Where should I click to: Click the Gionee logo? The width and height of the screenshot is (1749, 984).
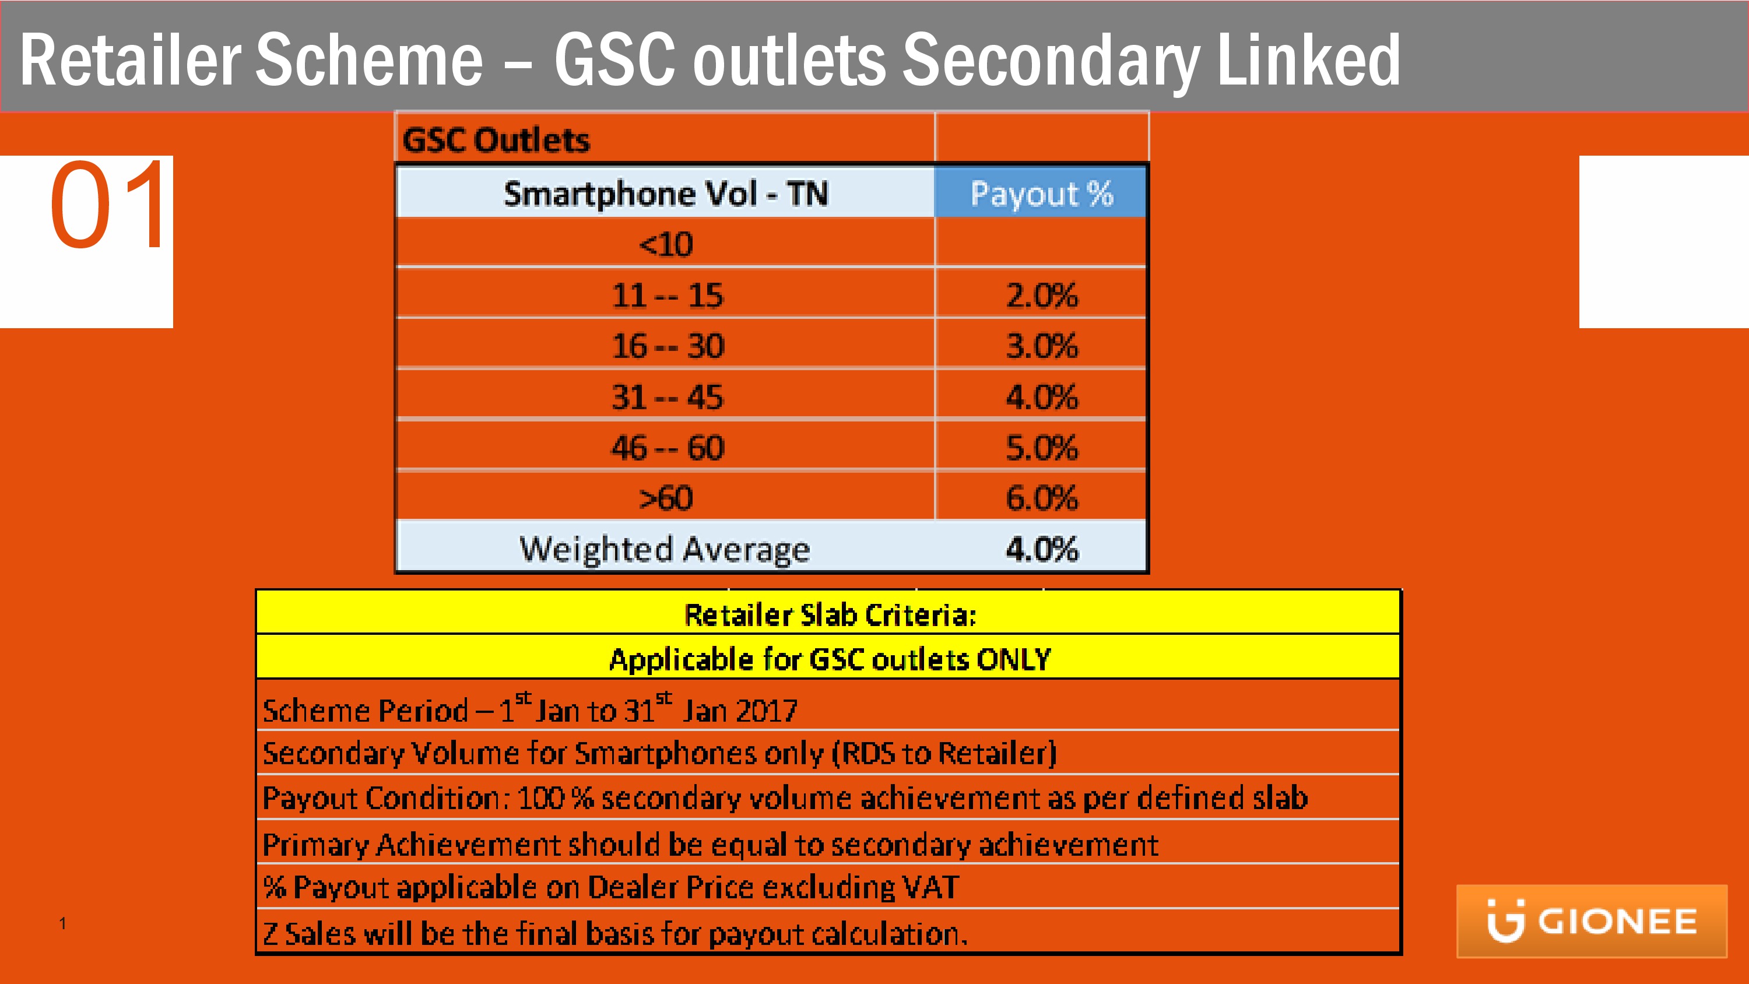pyautogui.click(x=1592, y=921)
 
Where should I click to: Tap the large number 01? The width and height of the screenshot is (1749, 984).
pyautogui.click(x=108, y=205)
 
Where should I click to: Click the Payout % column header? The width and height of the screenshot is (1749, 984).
pyautogui.click(x=1041, y=194)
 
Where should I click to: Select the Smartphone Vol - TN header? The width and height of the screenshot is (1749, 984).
pyautogui.click(x=665, y=194)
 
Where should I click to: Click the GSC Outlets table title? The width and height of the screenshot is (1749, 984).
pyautogui.click(x=496, y=140)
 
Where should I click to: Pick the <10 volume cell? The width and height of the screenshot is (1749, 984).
pyautogui.click(x=665, y=244)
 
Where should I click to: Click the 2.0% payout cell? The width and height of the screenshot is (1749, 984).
pyautogui.click(x=1041, y=296)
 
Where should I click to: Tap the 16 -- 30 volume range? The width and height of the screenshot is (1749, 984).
pyautogui.click(x=668, y=346)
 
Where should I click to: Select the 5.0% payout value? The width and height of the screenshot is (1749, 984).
pyautogui.click(x=1041, y=448)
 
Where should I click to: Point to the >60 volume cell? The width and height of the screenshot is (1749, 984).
pyautogui.click(x=665, y=498)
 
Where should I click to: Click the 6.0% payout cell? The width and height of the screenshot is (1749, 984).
pyautogui.click(x=1041, y=498)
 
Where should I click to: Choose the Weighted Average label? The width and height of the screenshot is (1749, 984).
pyautogui.click(x=664, y=549)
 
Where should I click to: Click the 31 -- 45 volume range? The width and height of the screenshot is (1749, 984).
pyautogui.click(x=668, y=397)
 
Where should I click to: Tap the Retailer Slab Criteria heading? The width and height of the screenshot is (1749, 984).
pyautogui.click(x=830, y=614)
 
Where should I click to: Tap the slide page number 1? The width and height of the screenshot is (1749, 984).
pyautogui.click(x=62, y=923)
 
